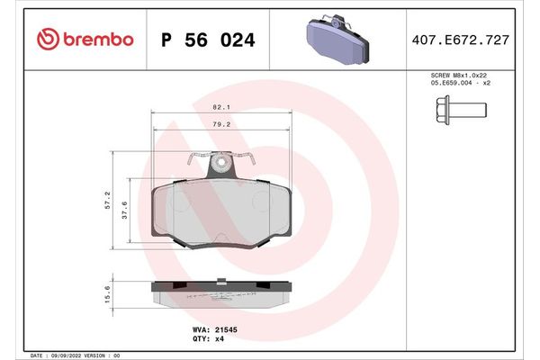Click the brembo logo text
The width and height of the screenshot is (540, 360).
[x=99, y=39]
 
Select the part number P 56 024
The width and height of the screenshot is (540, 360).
[x=207, y=40]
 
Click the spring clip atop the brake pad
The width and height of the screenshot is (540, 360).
[x=220, y=165]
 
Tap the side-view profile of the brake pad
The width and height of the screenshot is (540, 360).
[x=220, y=292]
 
